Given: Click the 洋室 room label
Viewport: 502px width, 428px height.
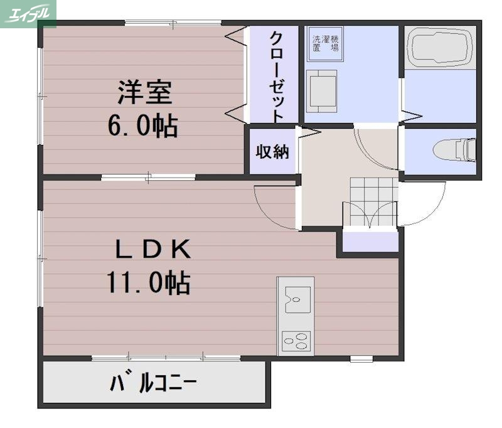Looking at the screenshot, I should click(144, 94).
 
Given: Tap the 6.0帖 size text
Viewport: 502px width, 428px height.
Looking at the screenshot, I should click(142, 126).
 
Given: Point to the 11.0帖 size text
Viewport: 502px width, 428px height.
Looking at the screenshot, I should click(148, 284).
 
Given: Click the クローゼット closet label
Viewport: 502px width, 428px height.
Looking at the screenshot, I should click(276, 75).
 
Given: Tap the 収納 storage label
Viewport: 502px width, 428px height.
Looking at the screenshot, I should click(272, 152).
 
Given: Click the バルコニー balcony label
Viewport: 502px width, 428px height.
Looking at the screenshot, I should click(154, 382).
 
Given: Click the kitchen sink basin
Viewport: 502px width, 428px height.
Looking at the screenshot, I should click(296, 299).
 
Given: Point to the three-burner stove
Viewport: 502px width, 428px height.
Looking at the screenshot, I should click(296, 341).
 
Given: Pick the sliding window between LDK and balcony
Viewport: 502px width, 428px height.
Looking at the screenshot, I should click(166, 358).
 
